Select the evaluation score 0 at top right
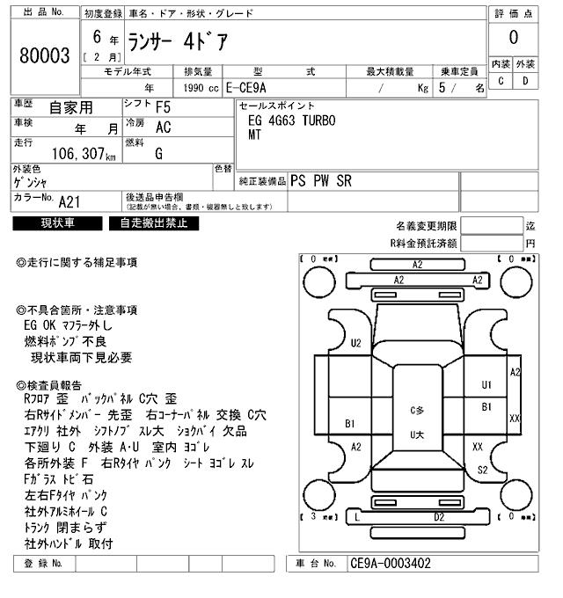(x=513, y=37)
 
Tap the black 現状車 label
(x=58, y=223)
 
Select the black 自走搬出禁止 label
(x=154, y=223)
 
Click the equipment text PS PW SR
(x=321, y=180)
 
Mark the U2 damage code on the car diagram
(x=356, y=343)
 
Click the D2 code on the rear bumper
(x=438, y=517)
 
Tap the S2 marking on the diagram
(x=482, y=470)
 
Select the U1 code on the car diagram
(x=486, y=384)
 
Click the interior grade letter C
(x=501, y=81)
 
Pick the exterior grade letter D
(x=525, y=81)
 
